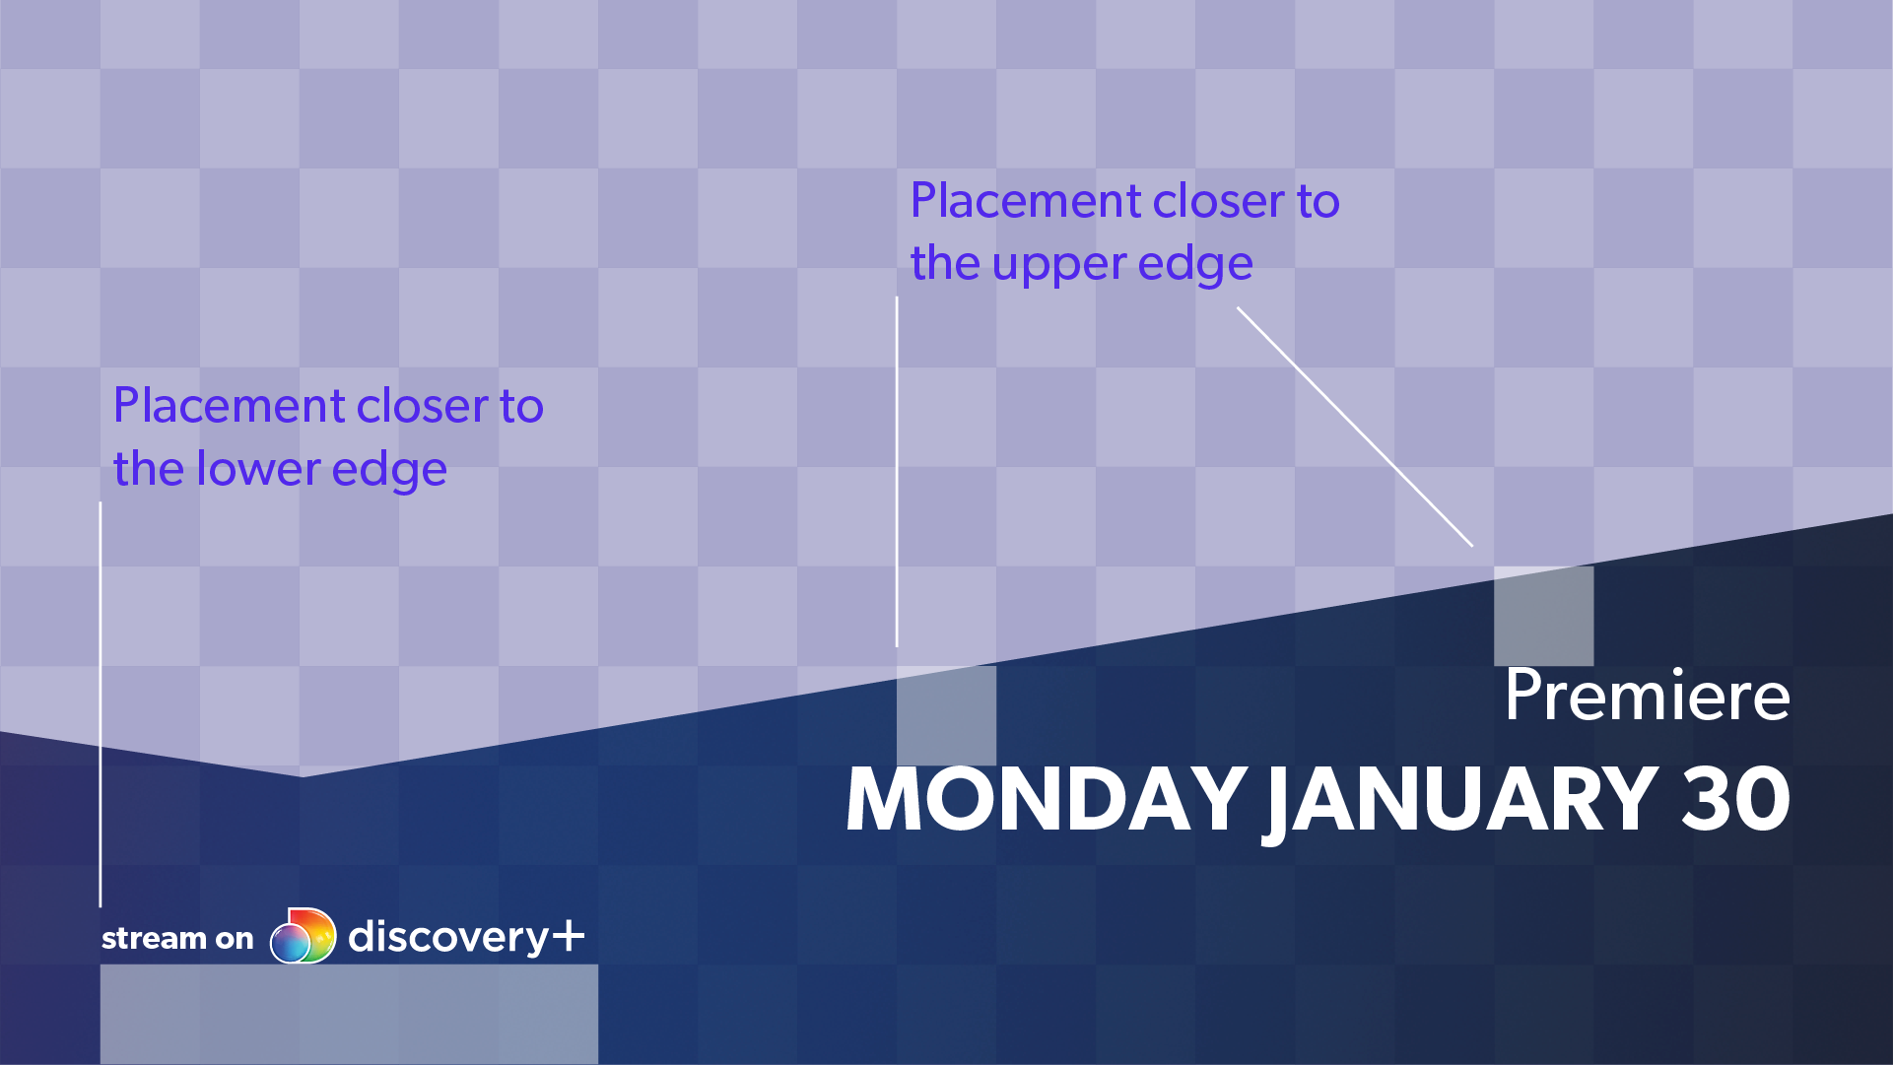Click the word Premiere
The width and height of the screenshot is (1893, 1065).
point(1647,696)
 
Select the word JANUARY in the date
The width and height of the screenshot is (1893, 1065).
point(1461,803)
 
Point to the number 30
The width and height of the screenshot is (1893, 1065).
point(1735,799)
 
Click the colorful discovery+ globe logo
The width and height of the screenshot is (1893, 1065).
point(303,936)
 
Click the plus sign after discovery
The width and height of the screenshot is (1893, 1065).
point(569,935)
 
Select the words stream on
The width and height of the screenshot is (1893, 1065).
point(177,938)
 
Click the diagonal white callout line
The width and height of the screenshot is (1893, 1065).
point(1355,427)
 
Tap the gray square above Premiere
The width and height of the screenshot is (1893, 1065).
point(1543,616)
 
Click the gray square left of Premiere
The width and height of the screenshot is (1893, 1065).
point(946,715)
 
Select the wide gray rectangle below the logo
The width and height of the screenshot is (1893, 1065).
point(349,1014)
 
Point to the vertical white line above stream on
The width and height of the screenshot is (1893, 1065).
point(101,704)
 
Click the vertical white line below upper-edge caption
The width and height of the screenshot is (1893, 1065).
point(897,472)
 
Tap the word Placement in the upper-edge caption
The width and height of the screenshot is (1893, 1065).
point(1026,201)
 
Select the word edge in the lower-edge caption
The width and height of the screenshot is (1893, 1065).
point(389,471)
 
